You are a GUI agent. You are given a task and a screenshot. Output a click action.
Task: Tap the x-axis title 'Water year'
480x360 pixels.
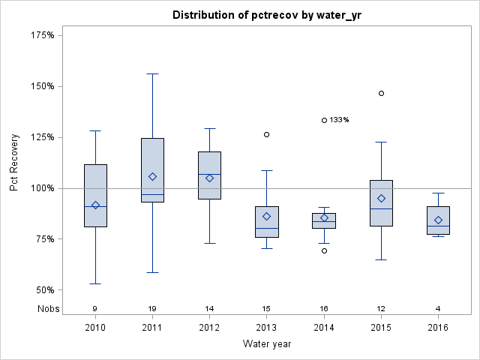pos(266,343)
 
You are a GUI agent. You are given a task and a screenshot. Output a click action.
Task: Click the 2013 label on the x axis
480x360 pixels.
pos(266,327)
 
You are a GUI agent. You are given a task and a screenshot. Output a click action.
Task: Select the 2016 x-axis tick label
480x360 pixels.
pos(438,327)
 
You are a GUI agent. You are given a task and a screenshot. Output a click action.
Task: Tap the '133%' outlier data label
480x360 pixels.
pos(340,120)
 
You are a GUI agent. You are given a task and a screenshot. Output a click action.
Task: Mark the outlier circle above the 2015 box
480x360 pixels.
pos(381,94)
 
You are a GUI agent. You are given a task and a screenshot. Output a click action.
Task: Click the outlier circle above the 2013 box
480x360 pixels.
pos(266,135)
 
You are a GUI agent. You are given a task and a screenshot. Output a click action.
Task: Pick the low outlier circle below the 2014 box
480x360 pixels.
pos(324,250)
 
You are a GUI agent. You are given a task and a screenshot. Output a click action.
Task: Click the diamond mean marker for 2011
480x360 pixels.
pos(152,177)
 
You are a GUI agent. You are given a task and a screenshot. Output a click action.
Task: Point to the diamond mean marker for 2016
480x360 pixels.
pos(438,220)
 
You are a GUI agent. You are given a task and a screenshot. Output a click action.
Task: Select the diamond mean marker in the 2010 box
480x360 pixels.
pos(95,205)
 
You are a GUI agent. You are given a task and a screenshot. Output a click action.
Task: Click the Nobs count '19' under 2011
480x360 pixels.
pos(152,308)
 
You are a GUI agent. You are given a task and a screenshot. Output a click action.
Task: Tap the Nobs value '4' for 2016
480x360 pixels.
pos(438,308)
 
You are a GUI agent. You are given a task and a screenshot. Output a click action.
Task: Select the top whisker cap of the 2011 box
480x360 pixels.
pos(152,73)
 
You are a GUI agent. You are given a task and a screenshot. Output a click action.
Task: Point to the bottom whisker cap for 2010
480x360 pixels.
pos(95,283)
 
